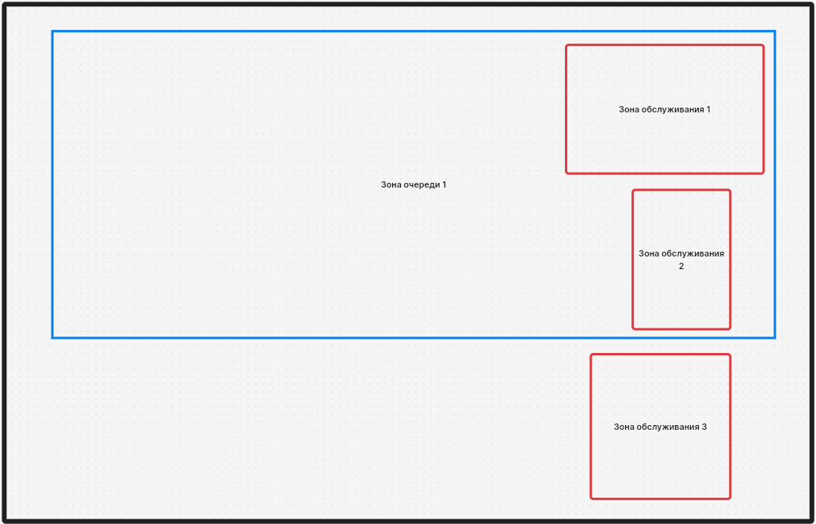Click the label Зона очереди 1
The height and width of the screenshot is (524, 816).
click(x=414, y=184)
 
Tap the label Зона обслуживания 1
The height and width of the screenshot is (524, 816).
click(x=665, y=110)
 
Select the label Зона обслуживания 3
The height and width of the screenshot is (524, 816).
click(x=661, y=427)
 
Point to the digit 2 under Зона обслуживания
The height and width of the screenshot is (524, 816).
click(x=681, y=266)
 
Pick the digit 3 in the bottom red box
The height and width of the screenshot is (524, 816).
click(x=704, y=427)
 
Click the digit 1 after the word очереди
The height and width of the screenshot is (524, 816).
click(x=444, y=184)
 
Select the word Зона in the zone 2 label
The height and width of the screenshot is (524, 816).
click(x=648, y=253)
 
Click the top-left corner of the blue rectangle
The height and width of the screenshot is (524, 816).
click(x=52, y=32)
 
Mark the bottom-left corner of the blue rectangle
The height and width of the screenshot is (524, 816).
click(x=52, y=338)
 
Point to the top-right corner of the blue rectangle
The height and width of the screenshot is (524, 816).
click(x=775, y=32)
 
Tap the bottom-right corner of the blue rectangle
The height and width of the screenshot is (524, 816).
click(x=775, y=338)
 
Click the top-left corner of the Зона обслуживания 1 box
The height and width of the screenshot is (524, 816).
click(x=566, y=45)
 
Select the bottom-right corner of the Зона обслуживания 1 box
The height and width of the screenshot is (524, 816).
click(x=764, y=173)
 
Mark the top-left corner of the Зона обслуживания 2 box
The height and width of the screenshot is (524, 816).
click(x=633, y=190)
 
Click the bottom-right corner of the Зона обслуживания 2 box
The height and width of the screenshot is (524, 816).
click(x=730, y=328)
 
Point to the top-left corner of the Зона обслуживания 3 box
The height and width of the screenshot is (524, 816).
click(x=591, y=355)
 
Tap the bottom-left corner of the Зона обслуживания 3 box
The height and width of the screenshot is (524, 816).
click(x=591, y=499)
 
